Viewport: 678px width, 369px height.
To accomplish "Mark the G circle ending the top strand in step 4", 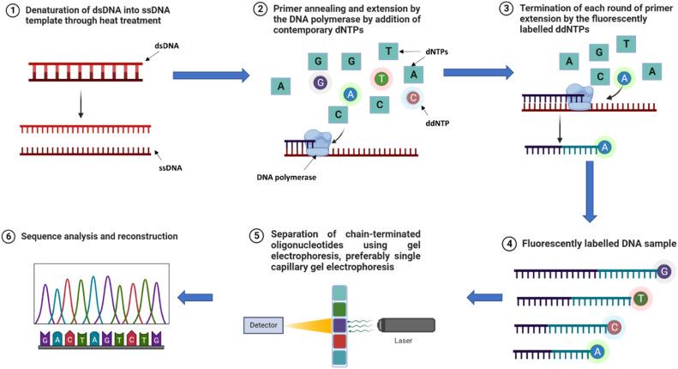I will pos(664,272).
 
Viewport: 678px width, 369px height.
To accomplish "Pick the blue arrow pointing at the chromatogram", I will pos(195,297).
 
